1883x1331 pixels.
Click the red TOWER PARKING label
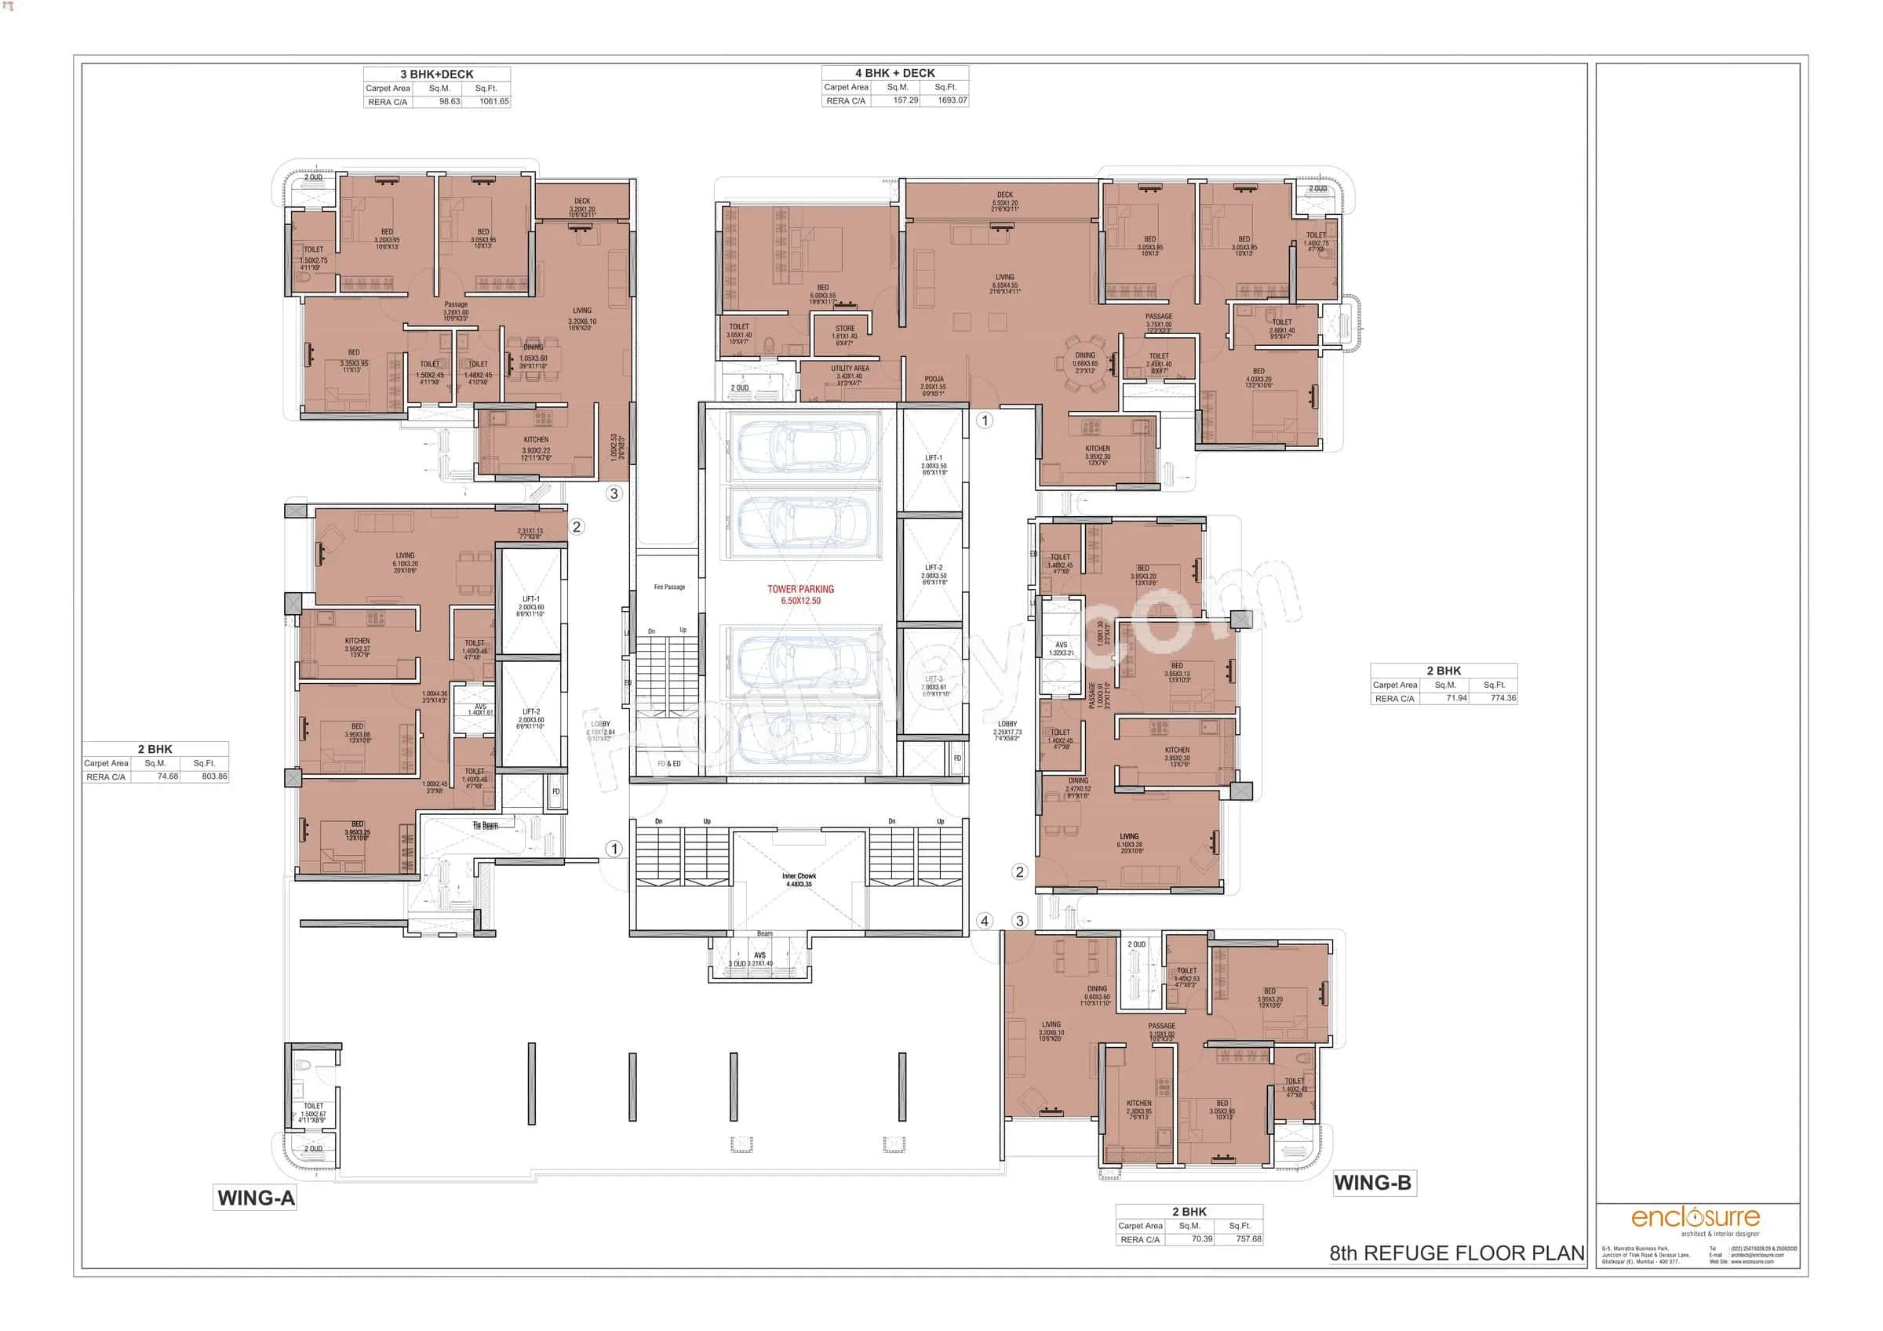coord(799,589)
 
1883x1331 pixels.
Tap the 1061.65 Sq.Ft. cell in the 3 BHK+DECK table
coord(494,102)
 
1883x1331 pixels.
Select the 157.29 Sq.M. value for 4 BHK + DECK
coord(905,101)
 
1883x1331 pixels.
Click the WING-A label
coord(256,1198)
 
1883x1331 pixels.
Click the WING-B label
coord(1372,1183)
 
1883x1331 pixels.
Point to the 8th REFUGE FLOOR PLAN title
coord(1455,1253)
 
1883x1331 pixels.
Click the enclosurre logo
coord(1695,1217)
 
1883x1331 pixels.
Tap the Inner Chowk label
coord(799,877)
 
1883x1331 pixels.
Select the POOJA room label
coord(934,380)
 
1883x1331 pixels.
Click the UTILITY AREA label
coord(850,369)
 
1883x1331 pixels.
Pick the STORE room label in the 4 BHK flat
coord(845,329)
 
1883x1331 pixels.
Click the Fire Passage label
coord(669,587)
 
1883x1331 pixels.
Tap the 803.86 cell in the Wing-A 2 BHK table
coord(214,776)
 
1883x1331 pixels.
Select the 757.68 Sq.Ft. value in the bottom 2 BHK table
coord(1248,1239)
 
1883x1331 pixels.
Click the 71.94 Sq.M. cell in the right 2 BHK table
coord(1456,699)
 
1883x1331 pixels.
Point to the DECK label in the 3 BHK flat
coord(581,201)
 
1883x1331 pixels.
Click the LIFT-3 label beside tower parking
coord(934,679)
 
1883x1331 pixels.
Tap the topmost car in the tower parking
coord(803,448)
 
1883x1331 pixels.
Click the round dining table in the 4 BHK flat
coord(1084,363)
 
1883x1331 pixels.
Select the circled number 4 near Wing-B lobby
coord(984,921)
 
